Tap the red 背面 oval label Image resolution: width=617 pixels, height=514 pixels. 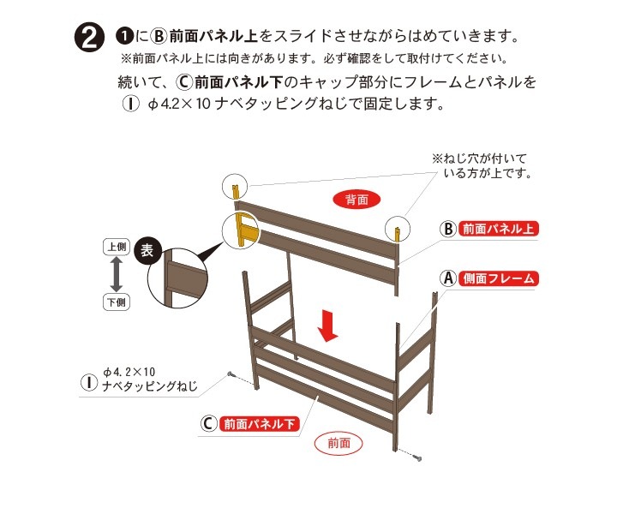tap(356, 200)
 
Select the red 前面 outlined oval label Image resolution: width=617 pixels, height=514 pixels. tap(339, 443)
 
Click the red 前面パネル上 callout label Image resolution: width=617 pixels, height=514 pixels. tap(500, 230)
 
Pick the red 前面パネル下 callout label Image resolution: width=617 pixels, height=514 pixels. tap(261, 423)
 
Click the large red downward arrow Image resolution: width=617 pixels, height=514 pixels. tap(326, 326)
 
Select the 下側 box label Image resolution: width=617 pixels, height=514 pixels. tap(117, 302)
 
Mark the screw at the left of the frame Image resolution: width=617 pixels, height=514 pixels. tap(231, 375)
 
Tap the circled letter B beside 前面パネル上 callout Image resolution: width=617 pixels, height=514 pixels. tap(447, 230)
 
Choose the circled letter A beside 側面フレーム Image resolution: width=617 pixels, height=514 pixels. tap(447, 278)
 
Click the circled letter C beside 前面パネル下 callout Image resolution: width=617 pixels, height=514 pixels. tap(208, 423)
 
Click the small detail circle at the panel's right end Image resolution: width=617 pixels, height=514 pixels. tap(398, 229)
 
